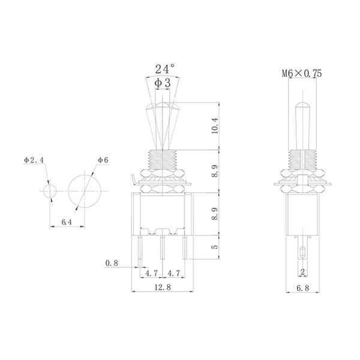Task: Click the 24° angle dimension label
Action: click(164, 68)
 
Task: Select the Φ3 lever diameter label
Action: click(164, 85)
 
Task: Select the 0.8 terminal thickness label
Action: click(111, 263)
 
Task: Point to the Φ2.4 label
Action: click(34, 160)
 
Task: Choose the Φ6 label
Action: click(101, 160)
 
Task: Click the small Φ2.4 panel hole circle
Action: click(50, 191)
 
